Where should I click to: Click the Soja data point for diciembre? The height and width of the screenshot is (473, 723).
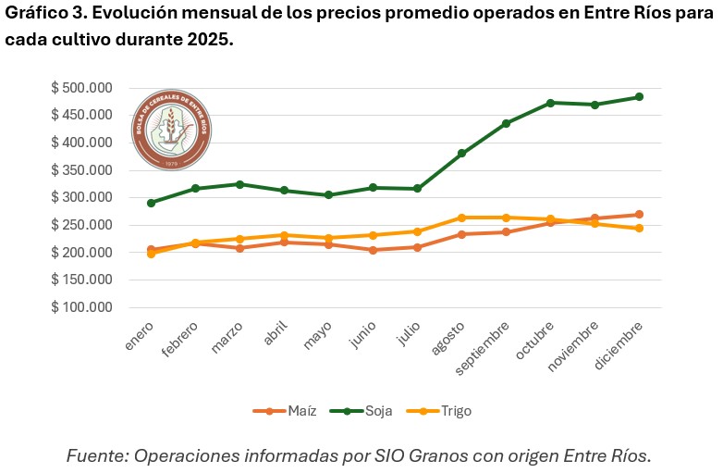tap(639, 97)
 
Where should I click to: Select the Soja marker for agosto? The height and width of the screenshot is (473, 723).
tap(461, 154)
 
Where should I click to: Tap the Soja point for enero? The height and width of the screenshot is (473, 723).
tap(151, 203)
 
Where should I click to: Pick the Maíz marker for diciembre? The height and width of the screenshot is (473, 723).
tap(639, 215)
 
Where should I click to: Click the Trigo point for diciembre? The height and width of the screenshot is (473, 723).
tap(639, 228)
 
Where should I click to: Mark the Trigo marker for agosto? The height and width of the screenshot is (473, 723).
tap(461, 218)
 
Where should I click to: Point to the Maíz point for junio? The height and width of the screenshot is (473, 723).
tap(373, 250)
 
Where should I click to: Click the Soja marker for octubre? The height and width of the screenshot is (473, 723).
tap(550, 103)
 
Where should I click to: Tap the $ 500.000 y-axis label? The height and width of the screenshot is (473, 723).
tap(81, 88)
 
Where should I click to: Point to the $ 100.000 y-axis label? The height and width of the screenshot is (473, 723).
tap(81, 307)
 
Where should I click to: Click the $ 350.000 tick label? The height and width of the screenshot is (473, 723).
tap(81, 170)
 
